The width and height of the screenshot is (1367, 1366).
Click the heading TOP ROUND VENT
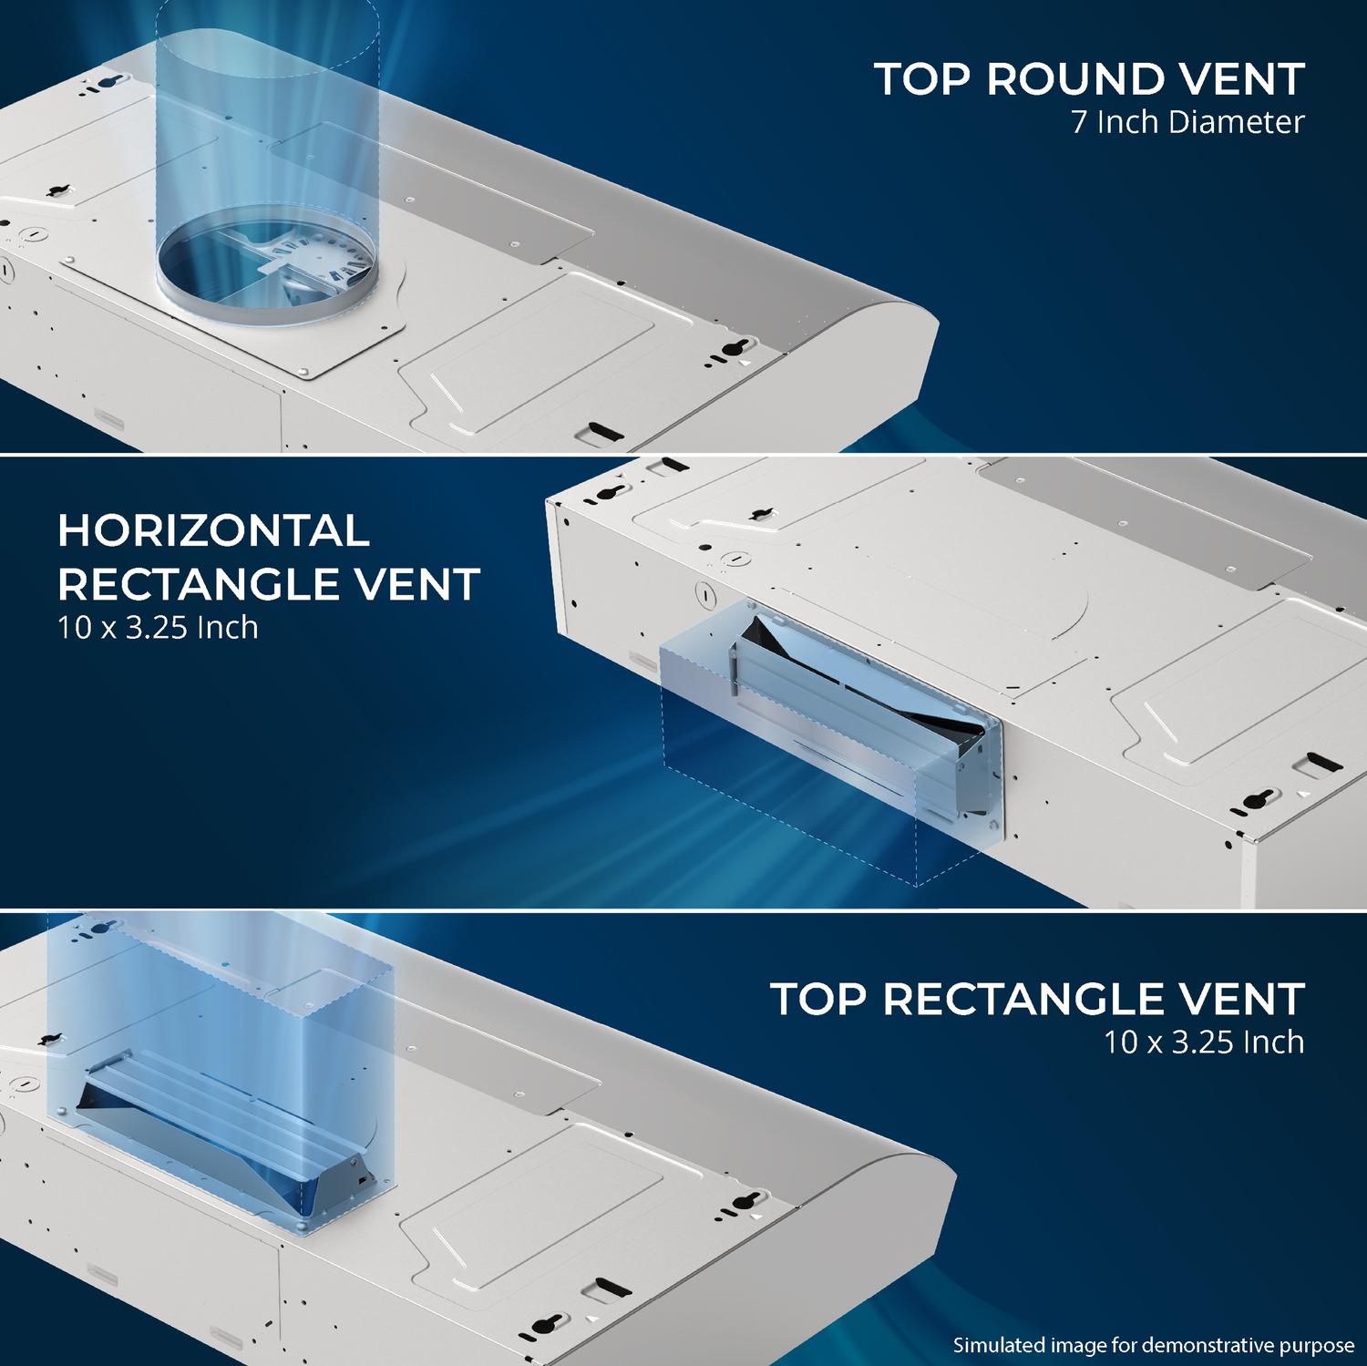tap(1090, 79)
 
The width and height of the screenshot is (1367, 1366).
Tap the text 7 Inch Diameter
tap(1188, 122)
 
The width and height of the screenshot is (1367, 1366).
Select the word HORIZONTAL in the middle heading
tap(214, 530)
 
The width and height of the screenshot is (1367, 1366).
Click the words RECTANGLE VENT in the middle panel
tap(269, 584)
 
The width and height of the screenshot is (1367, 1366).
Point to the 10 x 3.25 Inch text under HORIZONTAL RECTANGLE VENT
tap(159, 628)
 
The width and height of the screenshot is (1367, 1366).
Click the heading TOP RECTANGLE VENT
tap(1038, 999)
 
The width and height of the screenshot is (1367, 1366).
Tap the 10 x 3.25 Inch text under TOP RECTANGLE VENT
tap(1205, 1042)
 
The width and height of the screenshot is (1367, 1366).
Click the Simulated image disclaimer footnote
tap(1154, 1345)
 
